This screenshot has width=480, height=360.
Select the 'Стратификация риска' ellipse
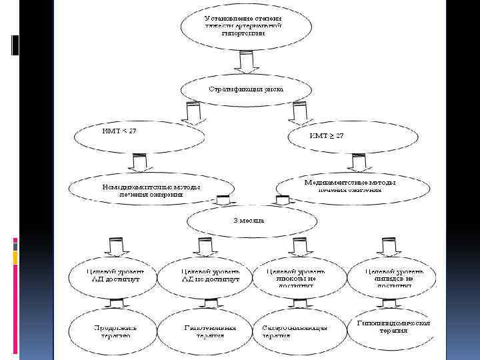246,89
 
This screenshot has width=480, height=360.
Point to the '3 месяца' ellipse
247,220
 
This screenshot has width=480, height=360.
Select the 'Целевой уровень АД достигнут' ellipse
115,279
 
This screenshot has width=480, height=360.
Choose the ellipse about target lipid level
393,279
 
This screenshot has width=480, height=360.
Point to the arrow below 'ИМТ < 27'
139,163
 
